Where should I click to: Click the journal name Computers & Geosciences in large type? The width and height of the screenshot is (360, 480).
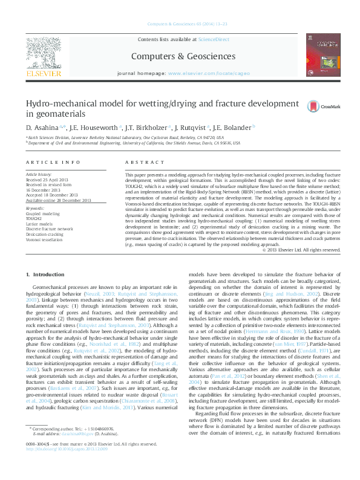(184, 56)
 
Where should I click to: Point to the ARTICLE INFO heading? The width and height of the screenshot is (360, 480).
(53, 163)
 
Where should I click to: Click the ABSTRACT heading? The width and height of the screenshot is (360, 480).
(140, 163)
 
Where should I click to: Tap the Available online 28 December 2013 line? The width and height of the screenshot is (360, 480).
(58, 200)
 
